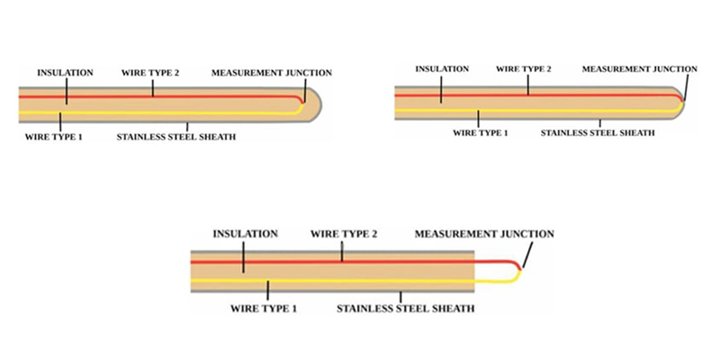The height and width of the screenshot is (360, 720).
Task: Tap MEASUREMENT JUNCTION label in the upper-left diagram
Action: tap(272, 72)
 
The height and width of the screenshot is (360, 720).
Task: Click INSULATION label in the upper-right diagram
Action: tap(440, 68)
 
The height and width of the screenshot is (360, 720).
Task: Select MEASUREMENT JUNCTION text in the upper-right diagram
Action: tap(639, 68)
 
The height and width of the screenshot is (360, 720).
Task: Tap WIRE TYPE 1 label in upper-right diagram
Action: tap(481, 133)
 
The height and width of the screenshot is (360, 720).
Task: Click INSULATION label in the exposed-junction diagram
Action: tap(244, 234)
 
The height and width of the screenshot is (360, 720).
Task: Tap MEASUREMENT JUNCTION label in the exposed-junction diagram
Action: tap(484, 234)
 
